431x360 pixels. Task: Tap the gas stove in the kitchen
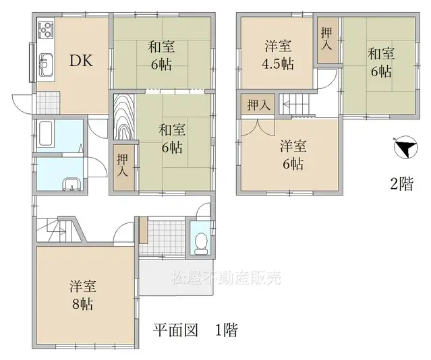point(46,30)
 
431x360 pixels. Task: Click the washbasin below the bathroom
point(70,183)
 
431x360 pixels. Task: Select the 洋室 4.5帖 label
point(277,55)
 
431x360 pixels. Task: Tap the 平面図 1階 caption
point(194,331)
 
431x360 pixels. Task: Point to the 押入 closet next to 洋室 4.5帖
point(326,40)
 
